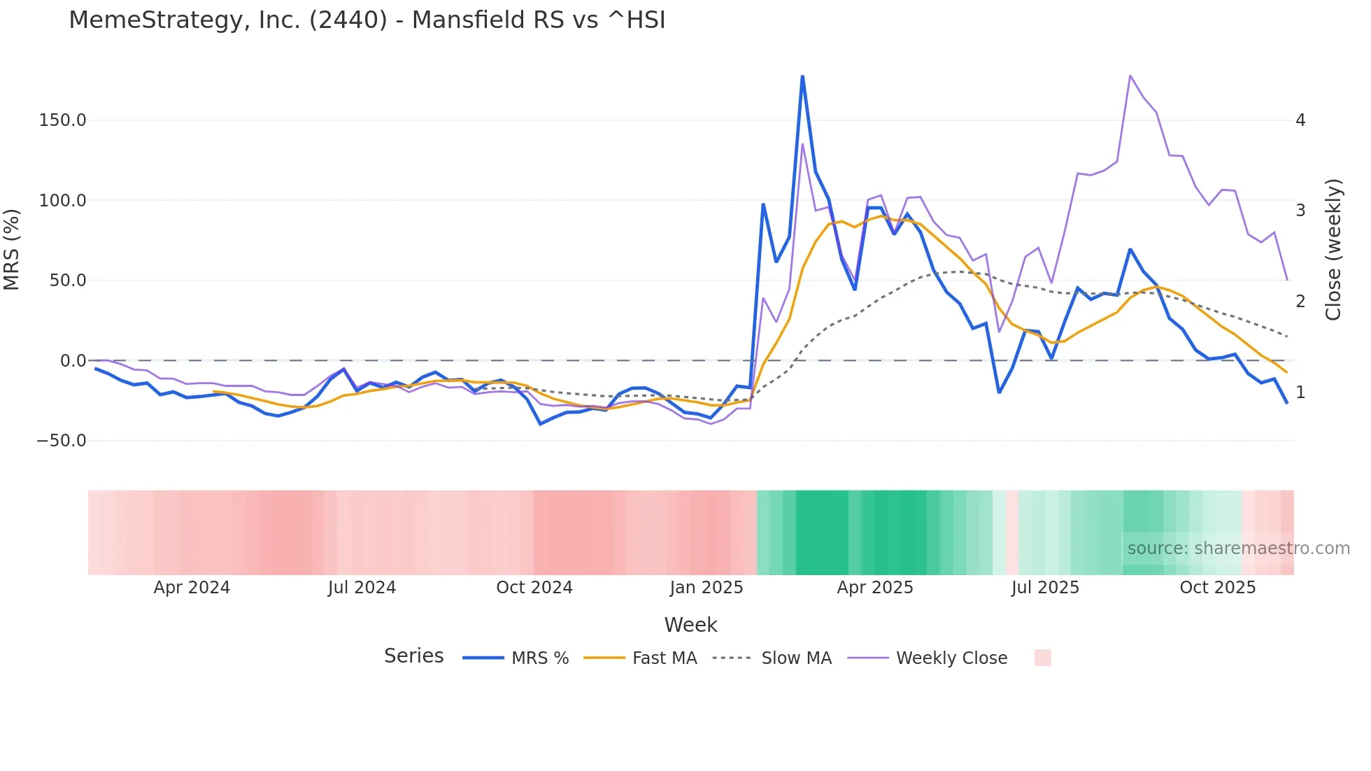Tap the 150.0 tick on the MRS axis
point(62,120)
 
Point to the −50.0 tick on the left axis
point(61,441)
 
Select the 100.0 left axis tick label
point(62,201)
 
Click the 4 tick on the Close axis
point(1300,120)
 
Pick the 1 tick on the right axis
point(1300,392)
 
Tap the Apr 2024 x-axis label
point(192,588)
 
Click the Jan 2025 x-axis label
point(706,588)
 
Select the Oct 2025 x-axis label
point(1217,588)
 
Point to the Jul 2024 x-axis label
point(362,588)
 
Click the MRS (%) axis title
point(12,250)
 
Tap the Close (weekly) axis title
point(1333,250)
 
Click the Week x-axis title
point(690,625)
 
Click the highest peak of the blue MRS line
point(802,76)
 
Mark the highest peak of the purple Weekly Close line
point(1130,76)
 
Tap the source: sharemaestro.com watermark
point(1238,549)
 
